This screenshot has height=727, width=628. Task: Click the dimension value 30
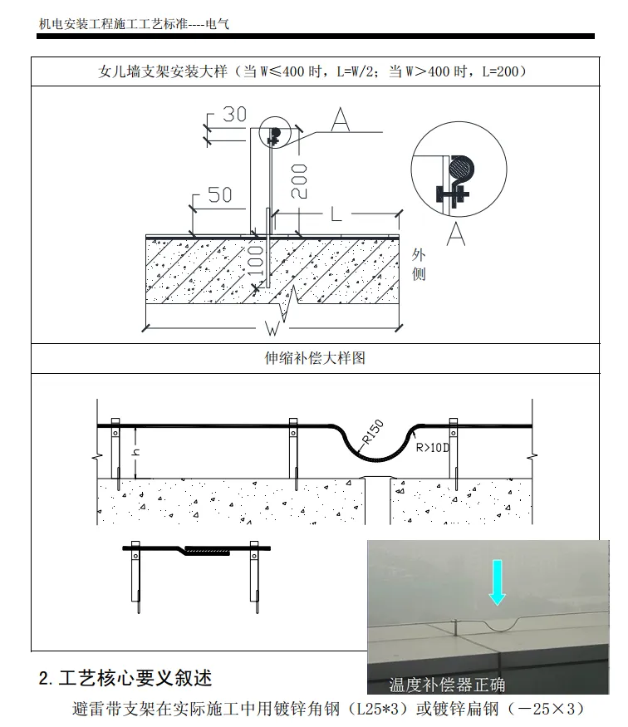pos(234,114)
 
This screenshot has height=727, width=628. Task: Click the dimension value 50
pos(219,195)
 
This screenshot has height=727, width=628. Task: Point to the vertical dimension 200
pos(299,180)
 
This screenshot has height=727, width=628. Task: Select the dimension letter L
pos(336,214)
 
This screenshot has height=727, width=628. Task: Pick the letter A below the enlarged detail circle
pos(454,236)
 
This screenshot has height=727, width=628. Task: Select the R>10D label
pos(434,448)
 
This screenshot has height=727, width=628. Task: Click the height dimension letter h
pos(135,453)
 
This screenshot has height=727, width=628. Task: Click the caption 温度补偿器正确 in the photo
pos(447,685)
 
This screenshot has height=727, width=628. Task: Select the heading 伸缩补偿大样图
pos(313,358)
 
